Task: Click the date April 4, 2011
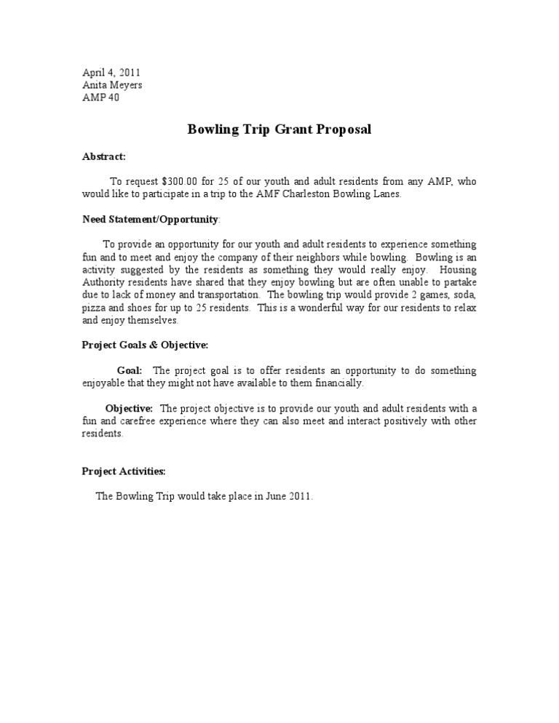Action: (x=111, y=73)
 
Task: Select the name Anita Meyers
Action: (x=112, y=85)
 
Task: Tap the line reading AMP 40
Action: (x=100, y=97)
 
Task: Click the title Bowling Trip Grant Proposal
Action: (x=279, y=130)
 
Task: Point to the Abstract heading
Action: (x=104, y=156)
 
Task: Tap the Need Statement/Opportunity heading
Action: (x=150, y=219)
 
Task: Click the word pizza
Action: (x=95, y=308)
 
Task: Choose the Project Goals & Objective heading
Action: (x=145, y=345)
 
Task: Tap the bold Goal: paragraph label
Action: (x=130, y=370)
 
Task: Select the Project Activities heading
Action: (x=124, y=471)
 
